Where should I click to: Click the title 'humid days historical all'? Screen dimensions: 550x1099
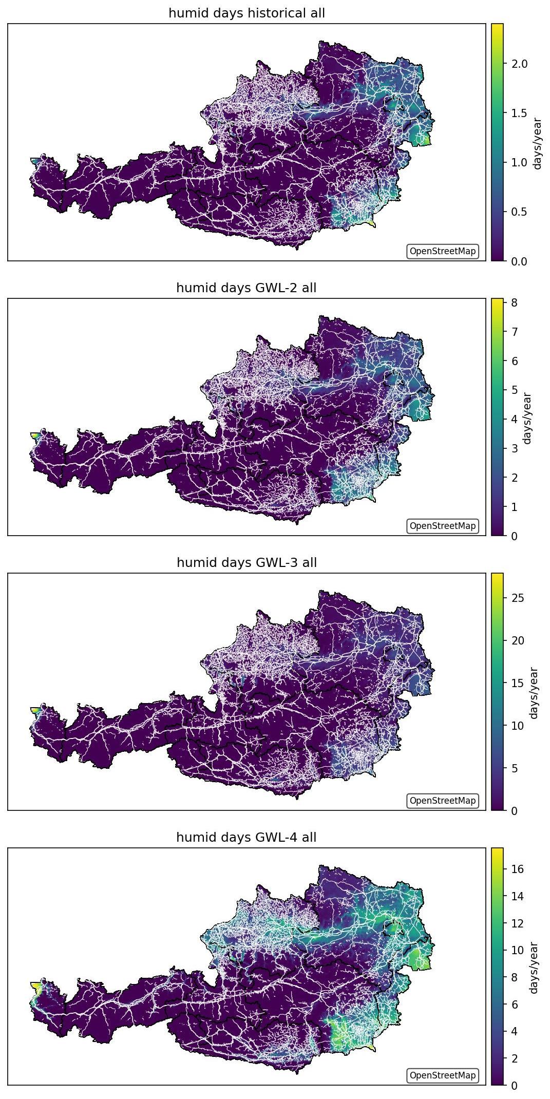[x=246, y=13]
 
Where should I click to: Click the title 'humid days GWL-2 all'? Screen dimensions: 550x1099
[x=246, y=288]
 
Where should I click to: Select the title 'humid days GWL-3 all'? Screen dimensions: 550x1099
[x=246, y=563]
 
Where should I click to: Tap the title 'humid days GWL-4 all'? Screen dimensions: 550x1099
[x=246, y=838]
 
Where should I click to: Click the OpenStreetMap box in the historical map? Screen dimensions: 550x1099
[x=443, y=251]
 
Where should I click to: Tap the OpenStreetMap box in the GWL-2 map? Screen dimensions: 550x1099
[x=443, y=526]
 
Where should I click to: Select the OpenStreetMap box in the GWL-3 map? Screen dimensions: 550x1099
[x=443, y=801]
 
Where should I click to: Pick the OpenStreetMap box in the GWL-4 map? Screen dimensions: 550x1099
[x=443, y=1075]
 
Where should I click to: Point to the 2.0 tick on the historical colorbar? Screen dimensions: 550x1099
[x=519, y=64]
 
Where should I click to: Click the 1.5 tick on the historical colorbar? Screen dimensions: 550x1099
[x=519, y=113]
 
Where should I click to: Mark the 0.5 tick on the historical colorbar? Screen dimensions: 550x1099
[x=519, y=212]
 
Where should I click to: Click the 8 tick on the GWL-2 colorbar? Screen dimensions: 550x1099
[x=514, y=302]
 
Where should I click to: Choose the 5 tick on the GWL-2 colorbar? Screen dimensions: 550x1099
[x=514, y=390]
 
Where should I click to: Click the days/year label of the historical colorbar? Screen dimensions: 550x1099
[x=538, y=143]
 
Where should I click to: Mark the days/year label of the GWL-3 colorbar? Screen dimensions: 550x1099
[x=534, y=693]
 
